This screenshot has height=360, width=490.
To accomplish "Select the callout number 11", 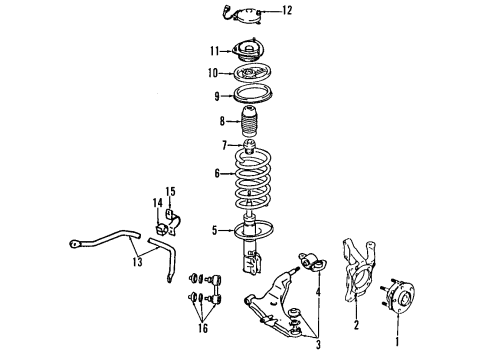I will pyautogui.click(x=213, y=49).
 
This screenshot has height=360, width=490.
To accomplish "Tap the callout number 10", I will pyautogui.click(x=212, y=72).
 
